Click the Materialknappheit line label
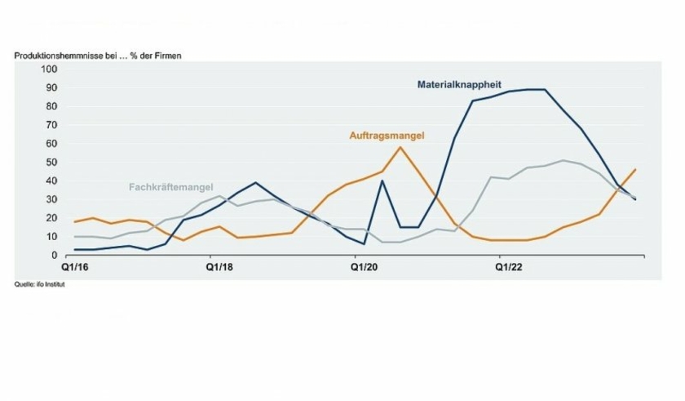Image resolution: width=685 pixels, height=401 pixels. coord(458,83)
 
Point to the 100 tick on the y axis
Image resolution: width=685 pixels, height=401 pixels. coord(50,69)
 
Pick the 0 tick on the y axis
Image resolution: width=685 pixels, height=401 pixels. coord(55,256)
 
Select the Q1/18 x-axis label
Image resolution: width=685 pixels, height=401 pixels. coord(219,266)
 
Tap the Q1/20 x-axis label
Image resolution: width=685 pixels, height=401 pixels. coord(364,266)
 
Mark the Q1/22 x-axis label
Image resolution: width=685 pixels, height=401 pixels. coord(510,266)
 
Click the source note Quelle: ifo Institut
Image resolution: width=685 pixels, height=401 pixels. coord(39,285)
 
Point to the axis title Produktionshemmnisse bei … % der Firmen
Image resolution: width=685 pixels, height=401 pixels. coord(98,56)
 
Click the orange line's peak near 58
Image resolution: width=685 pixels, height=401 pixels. coord(400,147)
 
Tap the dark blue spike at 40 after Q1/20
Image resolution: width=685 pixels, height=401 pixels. coord(382,180)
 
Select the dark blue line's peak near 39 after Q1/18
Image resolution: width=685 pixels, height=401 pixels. coord(255,183)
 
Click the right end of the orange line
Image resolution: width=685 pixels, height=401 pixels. coord(635,169)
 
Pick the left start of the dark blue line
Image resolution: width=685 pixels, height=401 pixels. coord(74,250)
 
